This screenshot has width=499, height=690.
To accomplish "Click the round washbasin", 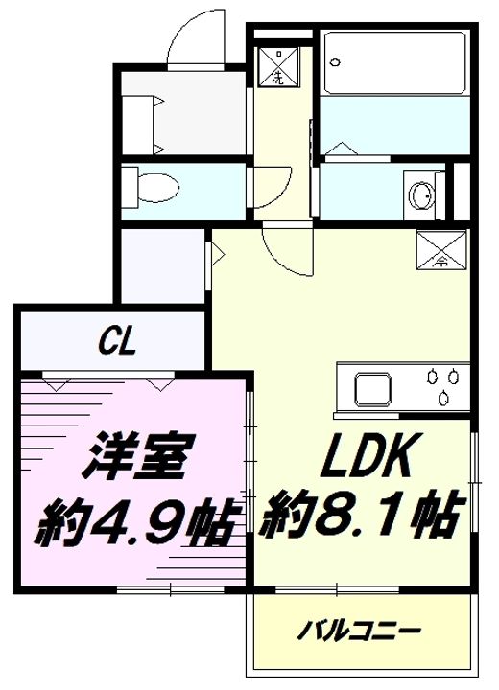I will coord(420,196).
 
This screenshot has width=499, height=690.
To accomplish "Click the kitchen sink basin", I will coord(372,389).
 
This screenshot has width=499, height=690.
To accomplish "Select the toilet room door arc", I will coord(273,185).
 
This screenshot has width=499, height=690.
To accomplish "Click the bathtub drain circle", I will coord(335,60).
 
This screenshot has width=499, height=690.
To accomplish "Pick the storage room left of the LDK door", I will coord(161,265).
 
